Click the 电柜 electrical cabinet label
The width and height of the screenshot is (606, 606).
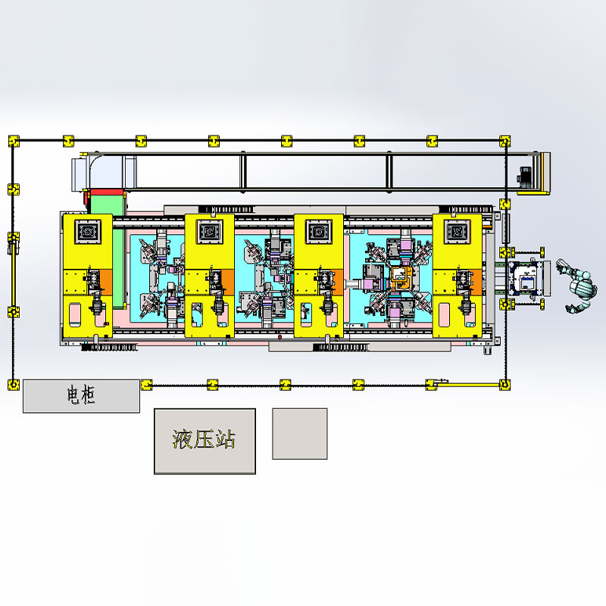pyautogui.click(x=81, y=395)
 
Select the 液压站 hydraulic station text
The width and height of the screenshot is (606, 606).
pyautogui.click(x=204, y=439)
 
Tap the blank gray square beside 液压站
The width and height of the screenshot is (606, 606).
pyautogui.click(x=300, y=433)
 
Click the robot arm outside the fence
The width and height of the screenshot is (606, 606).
pyautogui.click(x=577, y=287)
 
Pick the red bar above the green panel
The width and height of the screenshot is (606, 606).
pyautogui.click(x=106, y=192)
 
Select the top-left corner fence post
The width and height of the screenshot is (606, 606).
pyautogui.click(x=14, y=141)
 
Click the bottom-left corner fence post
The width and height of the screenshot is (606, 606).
pyautogui.click(x=14, y=385)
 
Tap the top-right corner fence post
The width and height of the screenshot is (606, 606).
pyautogui.click(x=504, y=141)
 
